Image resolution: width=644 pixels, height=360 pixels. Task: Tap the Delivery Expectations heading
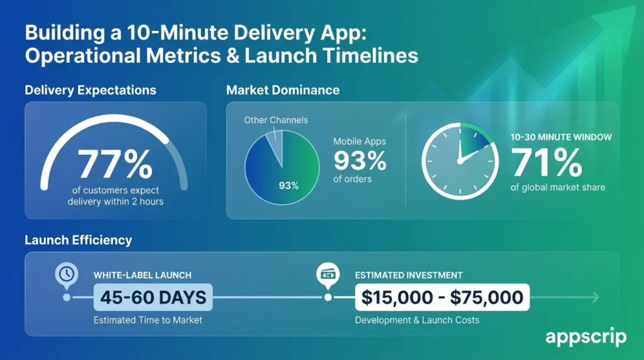click(x=91, y=90)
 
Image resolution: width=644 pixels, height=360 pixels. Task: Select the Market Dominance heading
click(x=282, y=90)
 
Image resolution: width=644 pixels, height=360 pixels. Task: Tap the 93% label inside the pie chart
click(x=289, y=186)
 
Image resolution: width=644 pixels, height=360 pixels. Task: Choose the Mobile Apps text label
click(x=360, y=142)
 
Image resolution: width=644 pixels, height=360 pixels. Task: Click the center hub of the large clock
click(x=460, y=162)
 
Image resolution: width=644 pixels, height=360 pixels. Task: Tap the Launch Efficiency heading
click(x=79, y=240)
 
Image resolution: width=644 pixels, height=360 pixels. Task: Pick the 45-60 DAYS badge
click(x=153, y=297)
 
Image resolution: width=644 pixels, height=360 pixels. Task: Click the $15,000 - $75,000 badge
click(x=442, y=297)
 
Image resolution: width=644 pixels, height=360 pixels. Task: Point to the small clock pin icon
click(x=67, y=274)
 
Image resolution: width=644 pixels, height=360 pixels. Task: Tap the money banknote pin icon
click(x=327, y=274)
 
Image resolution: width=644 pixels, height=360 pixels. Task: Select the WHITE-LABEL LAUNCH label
click(x=142, y=275)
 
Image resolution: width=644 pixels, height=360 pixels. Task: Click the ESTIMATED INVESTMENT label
click(x=409, y=275)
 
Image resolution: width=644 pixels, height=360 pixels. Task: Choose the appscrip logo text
click(x=586, y=337)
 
